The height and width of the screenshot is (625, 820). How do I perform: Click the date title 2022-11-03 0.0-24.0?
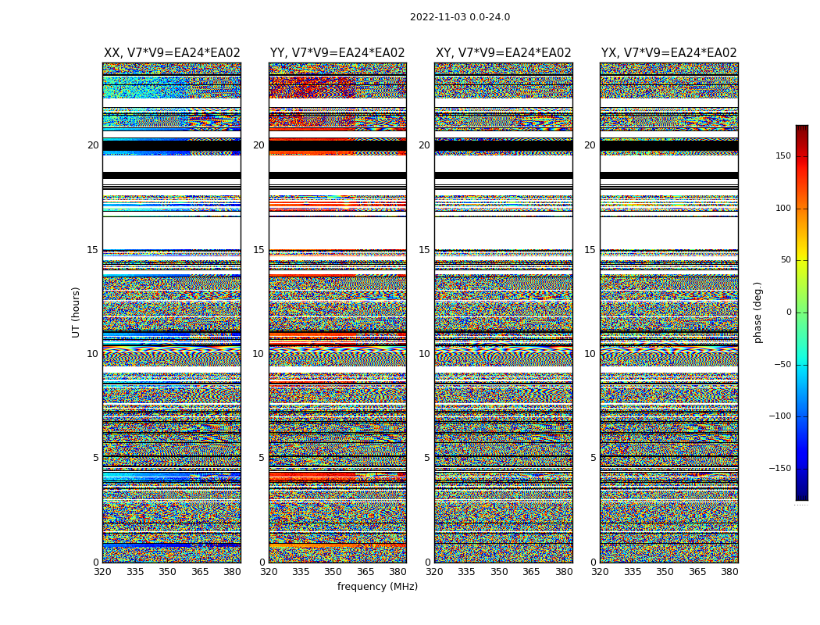click(x=460, y=17)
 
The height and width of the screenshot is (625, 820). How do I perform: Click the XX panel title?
click(x=172, y=53)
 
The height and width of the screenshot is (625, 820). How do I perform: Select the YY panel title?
click(x=337, y=53)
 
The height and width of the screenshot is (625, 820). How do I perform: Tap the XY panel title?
click(x=504, y=53)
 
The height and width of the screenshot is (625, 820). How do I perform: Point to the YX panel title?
click(x=669, y=53)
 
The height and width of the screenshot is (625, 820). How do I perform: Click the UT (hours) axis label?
click(x=76, y=312)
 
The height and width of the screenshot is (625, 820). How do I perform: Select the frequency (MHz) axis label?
click(x=377, y=587)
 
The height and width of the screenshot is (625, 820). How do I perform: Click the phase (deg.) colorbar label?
click(x=758, y=312)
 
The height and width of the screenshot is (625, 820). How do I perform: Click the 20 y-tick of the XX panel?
click(x=93, y=145)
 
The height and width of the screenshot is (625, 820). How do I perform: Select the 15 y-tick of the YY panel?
click(x=258, y=250)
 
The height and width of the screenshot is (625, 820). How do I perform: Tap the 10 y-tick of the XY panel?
click(x=424, y=354)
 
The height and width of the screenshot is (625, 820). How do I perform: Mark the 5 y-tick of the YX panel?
click(x=593, y=458)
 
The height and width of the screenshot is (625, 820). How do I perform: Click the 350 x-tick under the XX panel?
click(x=167, y=572)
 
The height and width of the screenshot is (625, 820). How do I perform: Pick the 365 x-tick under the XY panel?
click(x=531, y=572)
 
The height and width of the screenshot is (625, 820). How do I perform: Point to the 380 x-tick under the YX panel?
click(x=729, y=572)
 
